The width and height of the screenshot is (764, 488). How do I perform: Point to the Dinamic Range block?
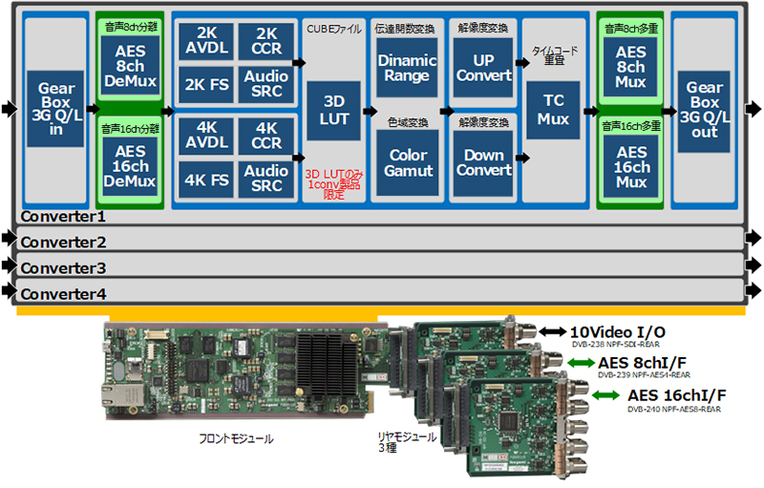point(408,67)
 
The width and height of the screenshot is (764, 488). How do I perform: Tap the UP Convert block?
point(483,67)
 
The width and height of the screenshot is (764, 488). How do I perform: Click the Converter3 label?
point(64,267)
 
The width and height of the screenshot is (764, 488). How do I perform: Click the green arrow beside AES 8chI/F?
point(579,362)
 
